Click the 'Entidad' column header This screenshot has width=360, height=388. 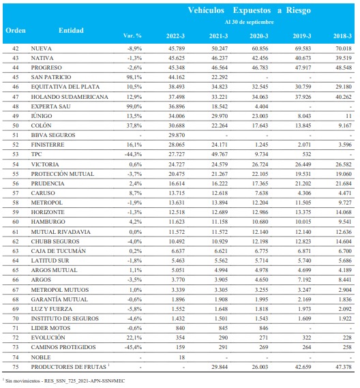click(x=71, y=31)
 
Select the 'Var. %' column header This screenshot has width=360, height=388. click(x=132, y=35)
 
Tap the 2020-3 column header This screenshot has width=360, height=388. click(x=259, y=36)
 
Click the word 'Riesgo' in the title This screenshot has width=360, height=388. click(x=299, y=10)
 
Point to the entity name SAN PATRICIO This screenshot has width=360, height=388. click(x=51, y=77)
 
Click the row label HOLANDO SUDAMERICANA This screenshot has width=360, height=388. click(x=70, y=97)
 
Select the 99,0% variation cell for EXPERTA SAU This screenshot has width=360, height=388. click(x=134, y=106)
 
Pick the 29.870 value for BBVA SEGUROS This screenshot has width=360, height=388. click(x=177, y=135)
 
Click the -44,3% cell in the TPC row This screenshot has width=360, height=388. click(x=134, y=154)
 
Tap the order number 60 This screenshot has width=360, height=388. click(x=16, y=222)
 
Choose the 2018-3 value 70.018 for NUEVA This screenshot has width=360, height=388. click(x=344, y=48)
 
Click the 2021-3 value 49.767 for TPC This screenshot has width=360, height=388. click(x=220, y=154)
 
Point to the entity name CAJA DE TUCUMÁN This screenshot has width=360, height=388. click(x=59, y=251)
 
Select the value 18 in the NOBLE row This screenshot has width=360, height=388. click(x=182, y=357)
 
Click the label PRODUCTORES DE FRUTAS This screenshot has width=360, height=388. click(x=69, y=367)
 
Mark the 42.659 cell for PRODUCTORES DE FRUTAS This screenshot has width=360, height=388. click(x=303, y=367)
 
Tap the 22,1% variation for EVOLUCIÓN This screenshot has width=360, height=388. click(x=134, y=338)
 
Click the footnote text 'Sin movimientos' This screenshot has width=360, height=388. click(x=22, y=380)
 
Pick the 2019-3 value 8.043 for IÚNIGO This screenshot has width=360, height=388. click(x=304, y=116)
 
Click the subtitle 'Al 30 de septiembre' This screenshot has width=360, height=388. click(x=249, y=22)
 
